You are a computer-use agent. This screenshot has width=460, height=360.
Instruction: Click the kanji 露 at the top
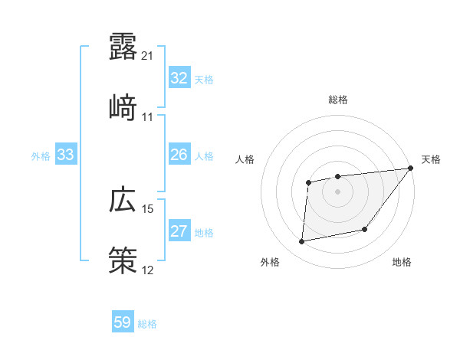tap(123, 47)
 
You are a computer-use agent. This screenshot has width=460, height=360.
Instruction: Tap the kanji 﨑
tap(123, 107)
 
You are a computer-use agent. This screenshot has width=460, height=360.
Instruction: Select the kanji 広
tap(123, 200)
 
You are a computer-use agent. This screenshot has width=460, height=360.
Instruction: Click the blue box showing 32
tap(179, 78)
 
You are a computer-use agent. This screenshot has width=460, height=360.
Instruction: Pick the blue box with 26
tap(179, 155)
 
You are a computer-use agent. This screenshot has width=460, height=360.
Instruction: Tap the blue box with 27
tap(179, 232)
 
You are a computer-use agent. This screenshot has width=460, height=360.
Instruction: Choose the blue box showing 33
tap(65, 155)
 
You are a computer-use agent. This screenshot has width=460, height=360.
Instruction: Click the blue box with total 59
tap(123, 322)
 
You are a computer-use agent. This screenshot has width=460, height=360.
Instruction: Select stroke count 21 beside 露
tap(148, 56)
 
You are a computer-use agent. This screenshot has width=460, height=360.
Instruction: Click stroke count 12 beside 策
tap(148, 270)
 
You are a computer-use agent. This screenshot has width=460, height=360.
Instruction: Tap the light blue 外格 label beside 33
tap(41, 156)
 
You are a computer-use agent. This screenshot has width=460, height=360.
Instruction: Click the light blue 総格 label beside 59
tap(147, 324)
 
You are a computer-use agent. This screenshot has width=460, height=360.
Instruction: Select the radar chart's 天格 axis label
tap(431, 159)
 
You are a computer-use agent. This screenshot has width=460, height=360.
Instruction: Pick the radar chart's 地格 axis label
tap(402, 263)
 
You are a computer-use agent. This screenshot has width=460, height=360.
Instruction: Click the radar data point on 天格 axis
tap(411, 169)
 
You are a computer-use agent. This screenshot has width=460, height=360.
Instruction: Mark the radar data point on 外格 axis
tap(302, 242)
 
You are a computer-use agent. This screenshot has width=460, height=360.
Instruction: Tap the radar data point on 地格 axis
tap(365, 229)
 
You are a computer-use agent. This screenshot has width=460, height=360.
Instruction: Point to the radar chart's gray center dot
tap(337, 191)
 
